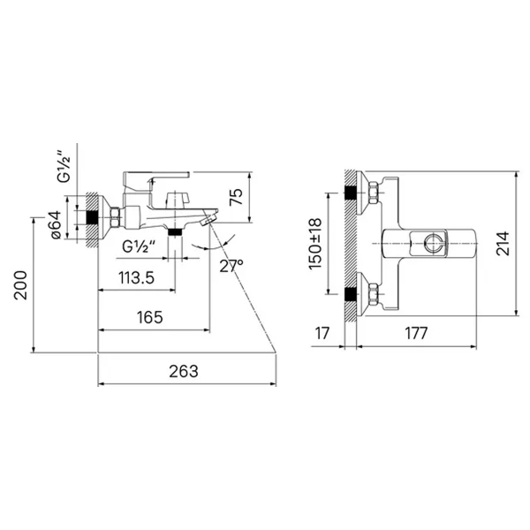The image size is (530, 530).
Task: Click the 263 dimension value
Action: click(x=184, y=371)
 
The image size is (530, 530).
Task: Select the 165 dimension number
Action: click(x=150, y=317)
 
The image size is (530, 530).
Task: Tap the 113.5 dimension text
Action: click(x=136, y=277)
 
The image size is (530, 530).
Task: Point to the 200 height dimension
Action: click(x=20, y=284)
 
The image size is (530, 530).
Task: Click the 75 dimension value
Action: click(x=236, y=196)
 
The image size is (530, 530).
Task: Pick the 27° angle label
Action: click(x=231, y=266)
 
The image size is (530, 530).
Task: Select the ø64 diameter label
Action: click(x=56, y=224)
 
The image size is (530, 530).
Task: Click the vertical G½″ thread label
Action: click(x=64, y=165)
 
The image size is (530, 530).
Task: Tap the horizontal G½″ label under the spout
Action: click(x=139, y=246)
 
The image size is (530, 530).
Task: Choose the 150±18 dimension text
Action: click(x=315, y=244)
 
